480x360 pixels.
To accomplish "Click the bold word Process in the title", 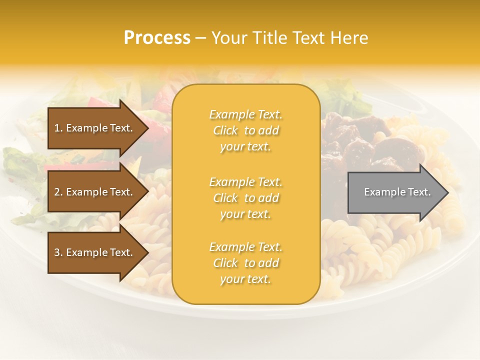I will tap(157, 38).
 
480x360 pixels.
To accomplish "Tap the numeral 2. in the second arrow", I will tap(58, 192).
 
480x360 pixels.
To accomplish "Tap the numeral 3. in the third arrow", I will tap(58, 252).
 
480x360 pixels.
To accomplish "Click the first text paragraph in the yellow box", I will tap(245, 130).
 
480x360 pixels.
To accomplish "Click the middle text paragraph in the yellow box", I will tap(245, 198).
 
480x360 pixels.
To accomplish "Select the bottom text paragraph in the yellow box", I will tap(245, 263).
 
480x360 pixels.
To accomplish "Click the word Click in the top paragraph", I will tap(225, 130).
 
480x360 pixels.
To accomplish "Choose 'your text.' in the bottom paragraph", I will tap(245, 279).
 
